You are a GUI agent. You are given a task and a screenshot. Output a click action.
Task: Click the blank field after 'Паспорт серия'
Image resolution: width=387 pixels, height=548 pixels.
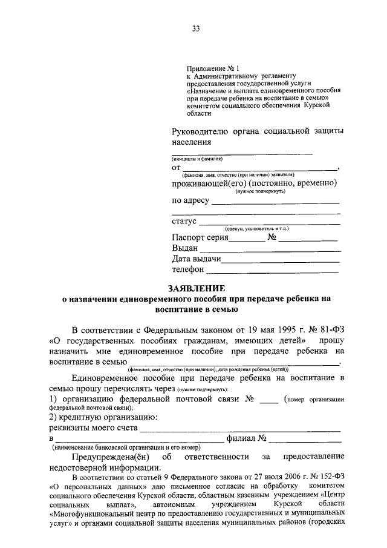(x=247, y=240)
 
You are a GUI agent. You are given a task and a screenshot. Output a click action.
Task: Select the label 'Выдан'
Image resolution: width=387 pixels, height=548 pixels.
(x=184, y=249)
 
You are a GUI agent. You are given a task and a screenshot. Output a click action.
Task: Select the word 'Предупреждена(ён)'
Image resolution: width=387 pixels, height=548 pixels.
(x=110, y=456)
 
